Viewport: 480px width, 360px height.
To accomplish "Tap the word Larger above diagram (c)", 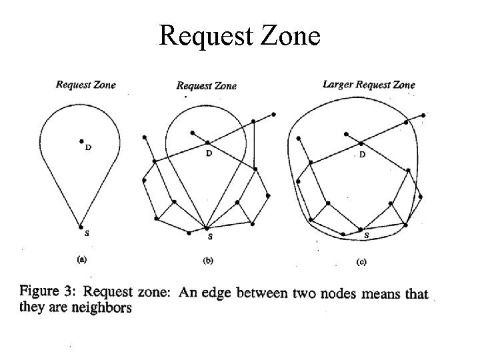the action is point(337,84).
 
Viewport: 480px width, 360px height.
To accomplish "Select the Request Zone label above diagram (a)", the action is point(85,84).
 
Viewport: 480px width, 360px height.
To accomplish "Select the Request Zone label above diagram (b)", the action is point(206,85).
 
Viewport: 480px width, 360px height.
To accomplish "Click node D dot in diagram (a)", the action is point(81,141).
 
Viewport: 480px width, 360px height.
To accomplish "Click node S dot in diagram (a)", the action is point(81,227).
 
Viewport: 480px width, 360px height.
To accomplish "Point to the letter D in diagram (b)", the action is point(209,153).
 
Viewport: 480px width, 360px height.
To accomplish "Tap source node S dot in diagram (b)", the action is point(209,229).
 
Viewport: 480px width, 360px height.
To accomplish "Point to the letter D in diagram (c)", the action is point(363,154).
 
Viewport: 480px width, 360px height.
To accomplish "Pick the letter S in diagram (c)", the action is point(365,236).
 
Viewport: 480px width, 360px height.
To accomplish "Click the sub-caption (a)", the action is point(81,258).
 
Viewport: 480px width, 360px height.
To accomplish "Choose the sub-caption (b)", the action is point(207,261).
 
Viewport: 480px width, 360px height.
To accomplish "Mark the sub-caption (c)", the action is point(361,262).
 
